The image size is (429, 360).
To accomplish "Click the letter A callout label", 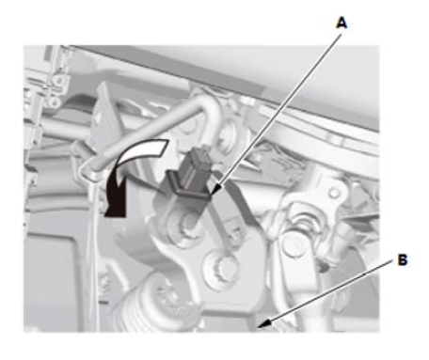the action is click(342, 23).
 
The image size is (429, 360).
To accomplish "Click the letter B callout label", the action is click(403, 260).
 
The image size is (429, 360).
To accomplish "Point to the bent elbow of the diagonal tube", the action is click(209, 106).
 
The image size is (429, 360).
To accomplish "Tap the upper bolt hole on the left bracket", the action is click(58, 80).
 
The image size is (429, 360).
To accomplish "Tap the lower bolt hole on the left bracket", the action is click(55, 102).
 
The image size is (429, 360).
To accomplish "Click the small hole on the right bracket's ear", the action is click(334, 194).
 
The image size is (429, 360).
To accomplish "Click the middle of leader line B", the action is click(326, 293).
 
